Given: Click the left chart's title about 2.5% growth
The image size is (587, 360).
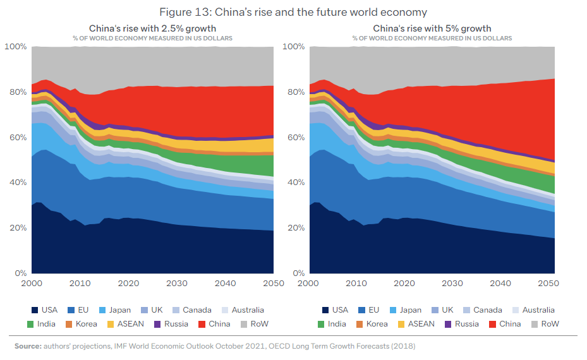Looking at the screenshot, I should point(152,28).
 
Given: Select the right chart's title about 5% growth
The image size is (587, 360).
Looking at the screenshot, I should point(432,28).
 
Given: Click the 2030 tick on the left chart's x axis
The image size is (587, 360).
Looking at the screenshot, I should point(176,284).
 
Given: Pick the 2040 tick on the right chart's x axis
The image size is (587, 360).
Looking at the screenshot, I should point(500,284).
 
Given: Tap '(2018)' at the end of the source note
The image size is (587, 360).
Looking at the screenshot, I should point(402,346).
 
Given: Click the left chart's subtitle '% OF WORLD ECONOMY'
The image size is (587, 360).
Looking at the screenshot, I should point(152,39).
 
